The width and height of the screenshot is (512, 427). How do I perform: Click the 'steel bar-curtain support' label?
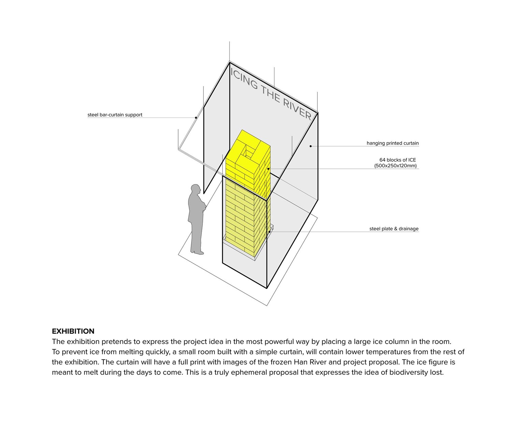(115, 115)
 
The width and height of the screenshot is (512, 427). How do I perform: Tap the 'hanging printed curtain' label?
(393, 143)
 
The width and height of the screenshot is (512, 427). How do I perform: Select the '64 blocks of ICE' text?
(397, 160)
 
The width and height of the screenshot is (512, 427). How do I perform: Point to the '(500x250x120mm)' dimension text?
(395, 166)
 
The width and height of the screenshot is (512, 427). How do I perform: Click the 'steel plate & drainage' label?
(394, 229)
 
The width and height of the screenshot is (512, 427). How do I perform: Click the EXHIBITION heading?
(73, 331)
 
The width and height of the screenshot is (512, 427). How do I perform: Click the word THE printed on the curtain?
(271, 94)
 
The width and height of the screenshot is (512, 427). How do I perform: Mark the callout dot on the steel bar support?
(196, 118)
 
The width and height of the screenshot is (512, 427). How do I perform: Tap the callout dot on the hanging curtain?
(311, 146)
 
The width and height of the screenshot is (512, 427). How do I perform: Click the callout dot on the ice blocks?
(268, 169)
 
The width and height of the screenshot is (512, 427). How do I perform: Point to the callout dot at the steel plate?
(269, 232)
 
